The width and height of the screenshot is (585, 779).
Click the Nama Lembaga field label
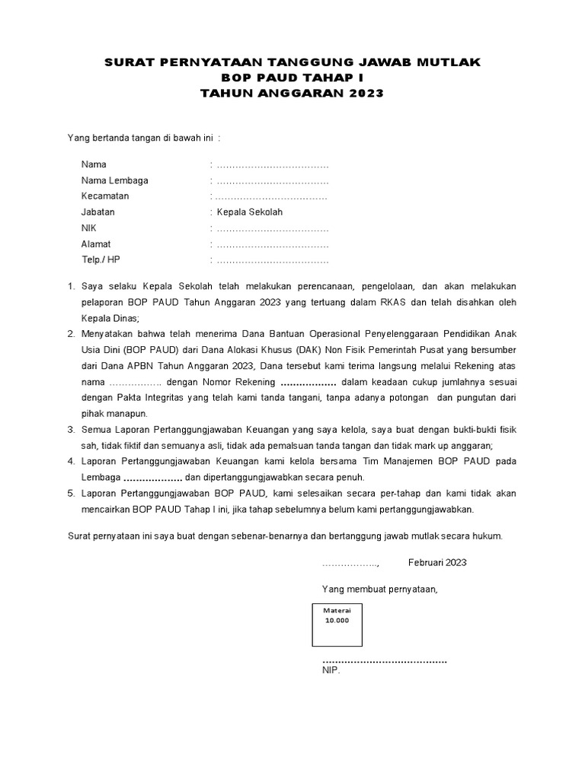[115, 180]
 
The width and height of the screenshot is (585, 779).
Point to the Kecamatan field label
[105, 196]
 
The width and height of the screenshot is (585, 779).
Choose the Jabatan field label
[98, 212]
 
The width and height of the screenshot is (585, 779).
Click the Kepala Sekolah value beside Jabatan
[249, 212]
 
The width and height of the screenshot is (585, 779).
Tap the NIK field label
[90, 228]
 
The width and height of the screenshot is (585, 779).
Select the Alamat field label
[96, 244]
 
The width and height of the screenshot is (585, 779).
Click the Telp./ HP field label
[101, 260]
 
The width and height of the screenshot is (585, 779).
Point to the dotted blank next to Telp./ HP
[272, 260]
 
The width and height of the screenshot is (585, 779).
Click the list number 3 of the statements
[71, 430]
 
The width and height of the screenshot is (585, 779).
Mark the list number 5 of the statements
[71, 494]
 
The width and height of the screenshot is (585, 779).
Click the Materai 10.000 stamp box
[336, 624]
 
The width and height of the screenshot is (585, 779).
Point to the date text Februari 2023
[437, 563]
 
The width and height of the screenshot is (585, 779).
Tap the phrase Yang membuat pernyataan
[380, 590]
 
